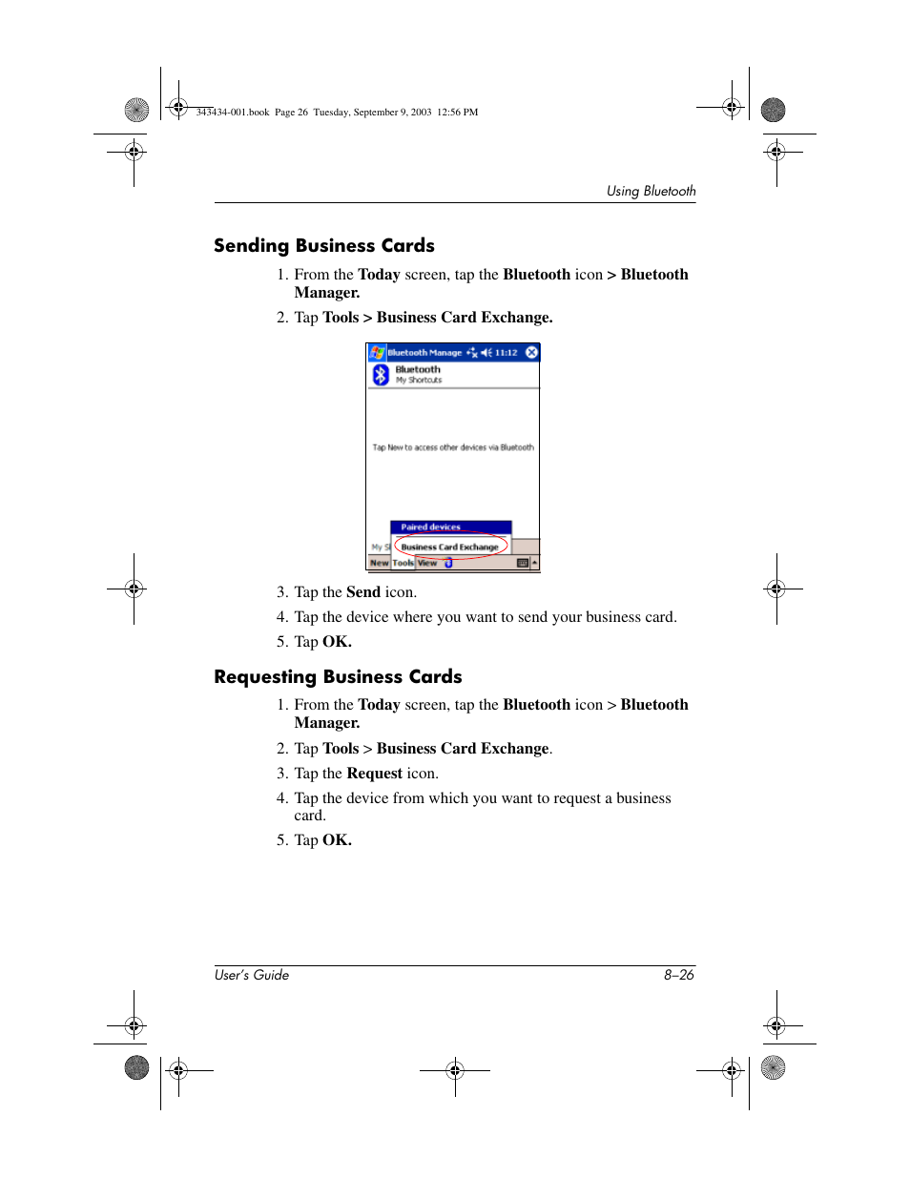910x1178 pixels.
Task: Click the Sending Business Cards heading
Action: point(323,246)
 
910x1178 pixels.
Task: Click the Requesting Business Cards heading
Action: point(338,677)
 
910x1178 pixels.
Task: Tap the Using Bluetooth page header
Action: point(651,191)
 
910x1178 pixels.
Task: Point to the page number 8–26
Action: point(679,975)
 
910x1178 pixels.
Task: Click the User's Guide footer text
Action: point(252,975)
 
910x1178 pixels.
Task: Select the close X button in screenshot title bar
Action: point(532,353)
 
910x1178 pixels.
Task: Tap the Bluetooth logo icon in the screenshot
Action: point(381,374)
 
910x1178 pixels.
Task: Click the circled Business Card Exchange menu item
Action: point(449,548)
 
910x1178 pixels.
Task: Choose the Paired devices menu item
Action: point(430,527)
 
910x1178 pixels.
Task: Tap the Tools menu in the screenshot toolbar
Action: point(403,564)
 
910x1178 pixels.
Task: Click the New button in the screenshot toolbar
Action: point(379,564)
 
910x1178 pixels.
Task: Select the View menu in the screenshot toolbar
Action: point(427,564)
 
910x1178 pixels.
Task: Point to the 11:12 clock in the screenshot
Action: point(506,353)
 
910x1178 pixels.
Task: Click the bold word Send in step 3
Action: point(363,592)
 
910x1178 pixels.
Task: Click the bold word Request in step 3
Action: point(374,774)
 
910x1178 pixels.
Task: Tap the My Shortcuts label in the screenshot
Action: point(419,381)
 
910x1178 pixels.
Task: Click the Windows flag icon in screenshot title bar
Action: point(377,353)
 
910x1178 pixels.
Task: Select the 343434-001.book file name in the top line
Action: point(233,113)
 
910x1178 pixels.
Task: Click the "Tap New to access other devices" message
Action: point(453,447)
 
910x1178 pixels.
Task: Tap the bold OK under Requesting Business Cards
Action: point(337,840)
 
